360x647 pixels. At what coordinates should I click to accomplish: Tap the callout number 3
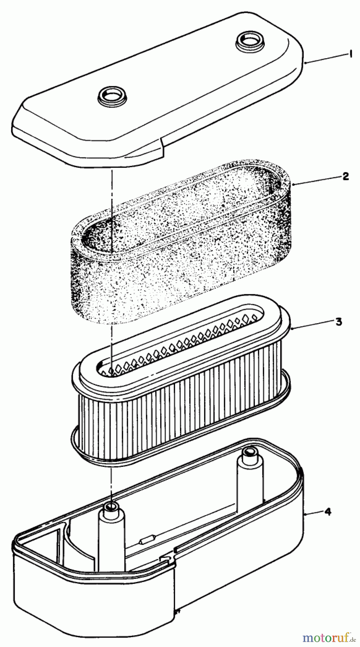pos(338,321)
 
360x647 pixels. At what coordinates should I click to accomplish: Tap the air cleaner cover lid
pos(158,84)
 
